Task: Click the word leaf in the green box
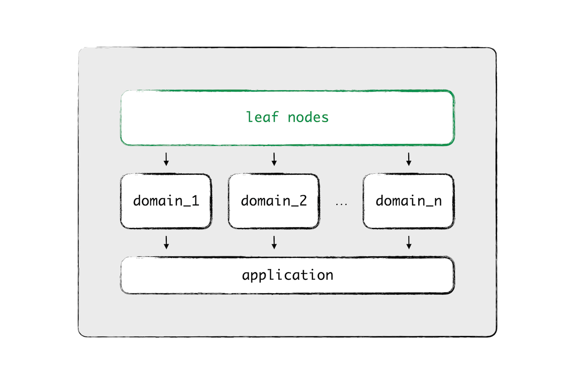click(262, 117)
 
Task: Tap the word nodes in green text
click(308, 117)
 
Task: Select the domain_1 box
click(166, 201)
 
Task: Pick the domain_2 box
click(274, 201)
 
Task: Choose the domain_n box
click(409, 201)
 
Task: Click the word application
click(288, 275)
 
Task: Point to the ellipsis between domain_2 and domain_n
click(341, 204)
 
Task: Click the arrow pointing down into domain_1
click(166, 159)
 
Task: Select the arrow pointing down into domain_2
click(274, 159)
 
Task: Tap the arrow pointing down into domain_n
click(409, 159)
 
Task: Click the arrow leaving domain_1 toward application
click(166, 242)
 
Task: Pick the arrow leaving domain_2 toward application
click(274, 242)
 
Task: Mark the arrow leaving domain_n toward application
click(409, 242)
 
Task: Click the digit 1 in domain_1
click(195, 201)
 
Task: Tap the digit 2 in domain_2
click(303, 201)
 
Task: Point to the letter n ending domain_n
click(438, 202)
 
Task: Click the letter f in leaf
click(275, 117)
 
